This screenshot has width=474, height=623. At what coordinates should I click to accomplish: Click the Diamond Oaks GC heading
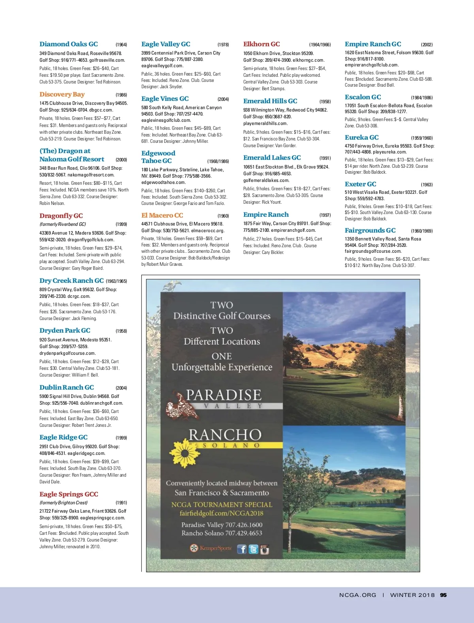[x=68, y=44]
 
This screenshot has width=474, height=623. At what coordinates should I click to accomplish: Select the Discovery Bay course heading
[x=62, y=95]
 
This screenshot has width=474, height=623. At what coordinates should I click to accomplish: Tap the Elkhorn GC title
[x=261, y=44]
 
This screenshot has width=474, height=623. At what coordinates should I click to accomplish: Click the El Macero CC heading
[x=162, y=216]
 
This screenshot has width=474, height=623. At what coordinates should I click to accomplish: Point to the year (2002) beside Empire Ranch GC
[x=427, y=45]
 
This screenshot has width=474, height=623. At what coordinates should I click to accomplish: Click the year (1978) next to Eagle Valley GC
[x=223, y=45]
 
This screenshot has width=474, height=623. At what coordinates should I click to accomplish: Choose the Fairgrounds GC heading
[x=370, y=231]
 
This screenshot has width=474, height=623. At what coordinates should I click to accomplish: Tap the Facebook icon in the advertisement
[x=242, y=549]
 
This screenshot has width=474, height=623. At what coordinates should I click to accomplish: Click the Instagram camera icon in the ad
[x=264, y=549]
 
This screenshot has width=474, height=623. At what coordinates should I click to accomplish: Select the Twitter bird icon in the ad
[x=253, y=549]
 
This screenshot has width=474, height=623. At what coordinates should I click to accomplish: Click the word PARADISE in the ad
[x=224, y=395]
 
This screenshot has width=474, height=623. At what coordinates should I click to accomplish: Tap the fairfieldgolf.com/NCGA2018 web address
[x=221, y=513]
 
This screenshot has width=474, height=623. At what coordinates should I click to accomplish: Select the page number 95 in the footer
[x=443, y=595]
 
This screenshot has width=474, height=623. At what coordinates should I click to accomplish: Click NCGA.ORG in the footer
[x=357, y=595]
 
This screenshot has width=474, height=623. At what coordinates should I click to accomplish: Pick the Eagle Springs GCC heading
[x=69, y=494]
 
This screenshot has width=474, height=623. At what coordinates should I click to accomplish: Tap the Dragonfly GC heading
[x=61, y=216]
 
